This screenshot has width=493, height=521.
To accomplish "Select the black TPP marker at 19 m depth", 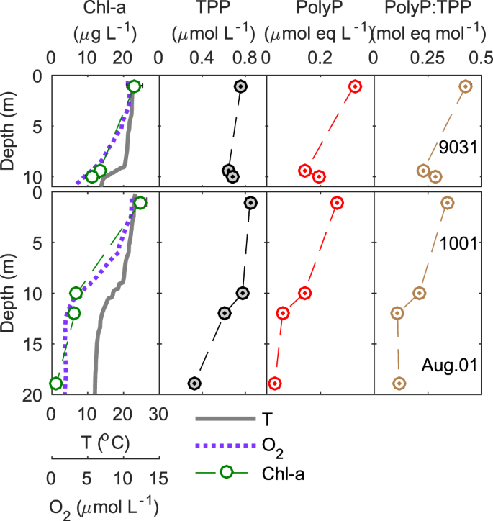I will (194, 383).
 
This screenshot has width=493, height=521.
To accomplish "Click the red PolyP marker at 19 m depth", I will (274, 383).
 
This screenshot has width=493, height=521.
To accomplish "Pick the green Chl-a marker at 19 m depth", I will (55, 384).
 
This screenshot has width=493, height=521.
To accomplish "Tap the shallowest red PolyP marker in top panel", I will (354, 86).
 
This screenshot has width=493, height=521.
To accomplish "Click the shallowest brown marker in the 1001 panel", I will (447, 203).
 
